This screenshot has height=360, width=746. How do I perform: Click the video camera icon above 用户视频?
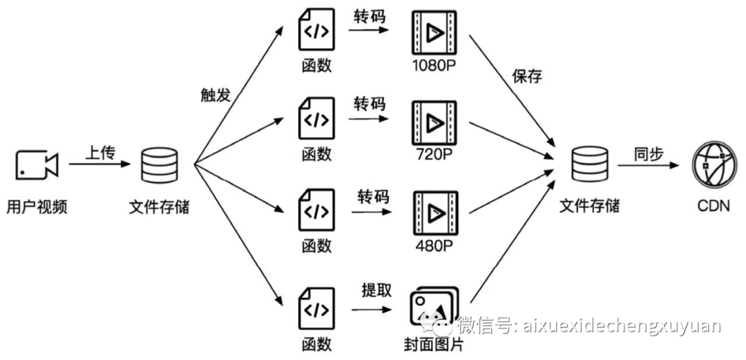tap(37, 164)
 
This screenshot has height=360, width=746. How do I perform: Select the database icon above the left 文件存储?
tap(158, 165)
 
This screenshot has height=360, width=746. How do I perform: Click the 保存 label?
tap(527, 75)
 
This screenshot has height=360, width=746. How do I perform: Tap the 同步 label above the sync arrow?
tap(649, 154)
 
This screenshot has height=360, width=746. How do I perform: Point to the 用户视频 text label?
tap(37, 207)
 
